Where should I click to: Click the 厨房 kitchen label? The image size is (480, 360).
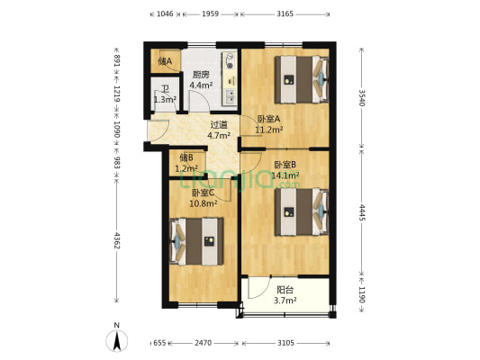[200, 75]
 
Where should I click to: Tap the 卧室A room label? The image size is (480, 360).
[268, 119]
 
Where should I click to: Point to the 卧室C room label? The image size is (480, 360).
[203, 192]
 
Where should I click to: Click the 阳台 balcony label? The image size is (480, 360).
[285, 290]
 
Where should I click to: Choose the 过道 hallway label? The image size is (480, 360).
[219, 125]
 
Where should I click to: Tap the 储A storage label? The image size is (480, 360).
[165, 62]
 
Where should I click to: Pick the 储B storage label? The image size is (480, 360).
[186, 157]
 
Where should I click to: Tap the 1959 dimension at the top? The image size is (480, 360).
[211, 13]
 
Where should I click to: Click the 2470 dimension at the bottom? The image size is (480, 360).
[204, 344]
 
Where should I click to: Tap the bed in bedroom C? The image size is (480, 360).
[199, 241]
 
